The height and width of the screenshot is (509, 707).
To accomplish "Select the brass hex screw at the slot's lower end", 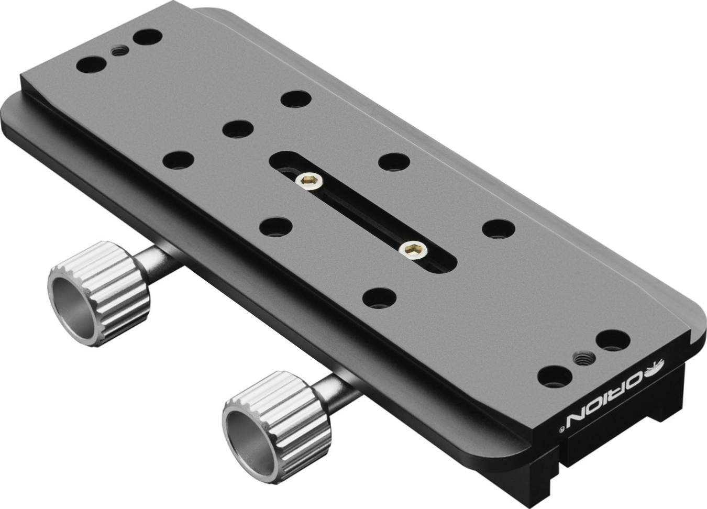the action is click(413, 250).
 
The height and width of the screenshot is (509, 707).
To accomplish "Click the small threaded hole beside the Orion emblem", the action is click(583, 358).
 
